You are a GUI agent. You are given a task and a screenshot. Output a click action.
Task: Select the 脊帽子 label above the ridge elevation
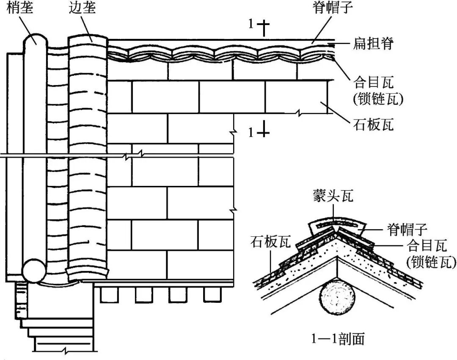(x=334, y=7)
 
